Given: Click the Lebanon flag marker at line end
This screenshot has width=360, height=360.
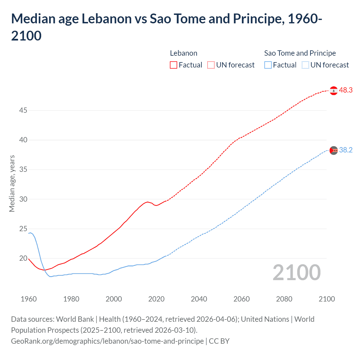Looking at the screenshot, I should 334,91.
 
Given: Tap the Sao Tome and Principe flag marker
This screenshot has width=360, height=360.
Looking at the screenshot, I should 334,150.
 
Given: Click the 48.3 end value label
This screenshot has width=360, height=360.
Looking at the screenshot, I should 346,90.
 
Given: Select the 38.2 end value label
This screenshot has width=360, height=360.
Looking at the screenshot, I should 346,150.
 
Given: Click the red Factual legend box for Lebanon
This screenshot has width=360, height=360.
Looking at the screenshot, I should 174,65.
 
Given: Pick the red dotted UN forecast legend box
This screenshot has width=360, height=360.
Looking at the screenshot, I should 211,65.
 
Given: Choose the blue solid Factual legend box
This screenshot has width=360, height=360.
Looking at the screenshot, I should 268,65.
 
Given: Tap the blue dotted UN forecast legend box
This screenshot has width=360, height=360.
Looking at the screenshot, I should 305,65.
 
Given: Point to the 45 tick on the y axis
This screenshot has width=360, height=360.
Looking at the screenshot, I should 23,110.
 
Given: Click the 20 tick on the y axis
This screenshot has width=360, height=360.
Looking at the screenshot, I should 23,258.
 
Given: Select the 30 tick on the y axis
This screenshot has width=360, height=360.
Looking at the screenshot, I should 23,199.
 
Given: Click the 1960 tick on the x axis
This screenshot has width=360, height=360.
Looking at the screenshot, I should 29,299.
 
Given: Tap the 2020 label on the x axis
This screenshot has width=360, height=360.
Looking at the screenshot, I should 156,299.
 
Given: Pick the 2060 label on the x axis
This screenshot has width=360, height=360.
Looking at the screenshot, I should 242,299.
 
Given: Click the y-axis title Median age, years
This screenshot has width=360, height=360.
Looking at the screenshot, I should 12,183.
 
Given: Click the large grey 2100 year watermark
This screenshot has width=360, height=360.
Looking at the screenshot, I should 296,273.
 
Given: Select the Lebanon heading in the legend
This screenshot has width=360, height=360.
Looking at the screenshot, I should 184,53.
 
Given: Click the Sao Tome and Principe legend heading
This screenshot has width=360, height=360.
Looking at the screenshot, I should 300,53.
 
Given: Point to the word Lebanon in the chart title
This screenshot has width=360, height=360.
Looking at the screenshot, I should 107,19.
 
